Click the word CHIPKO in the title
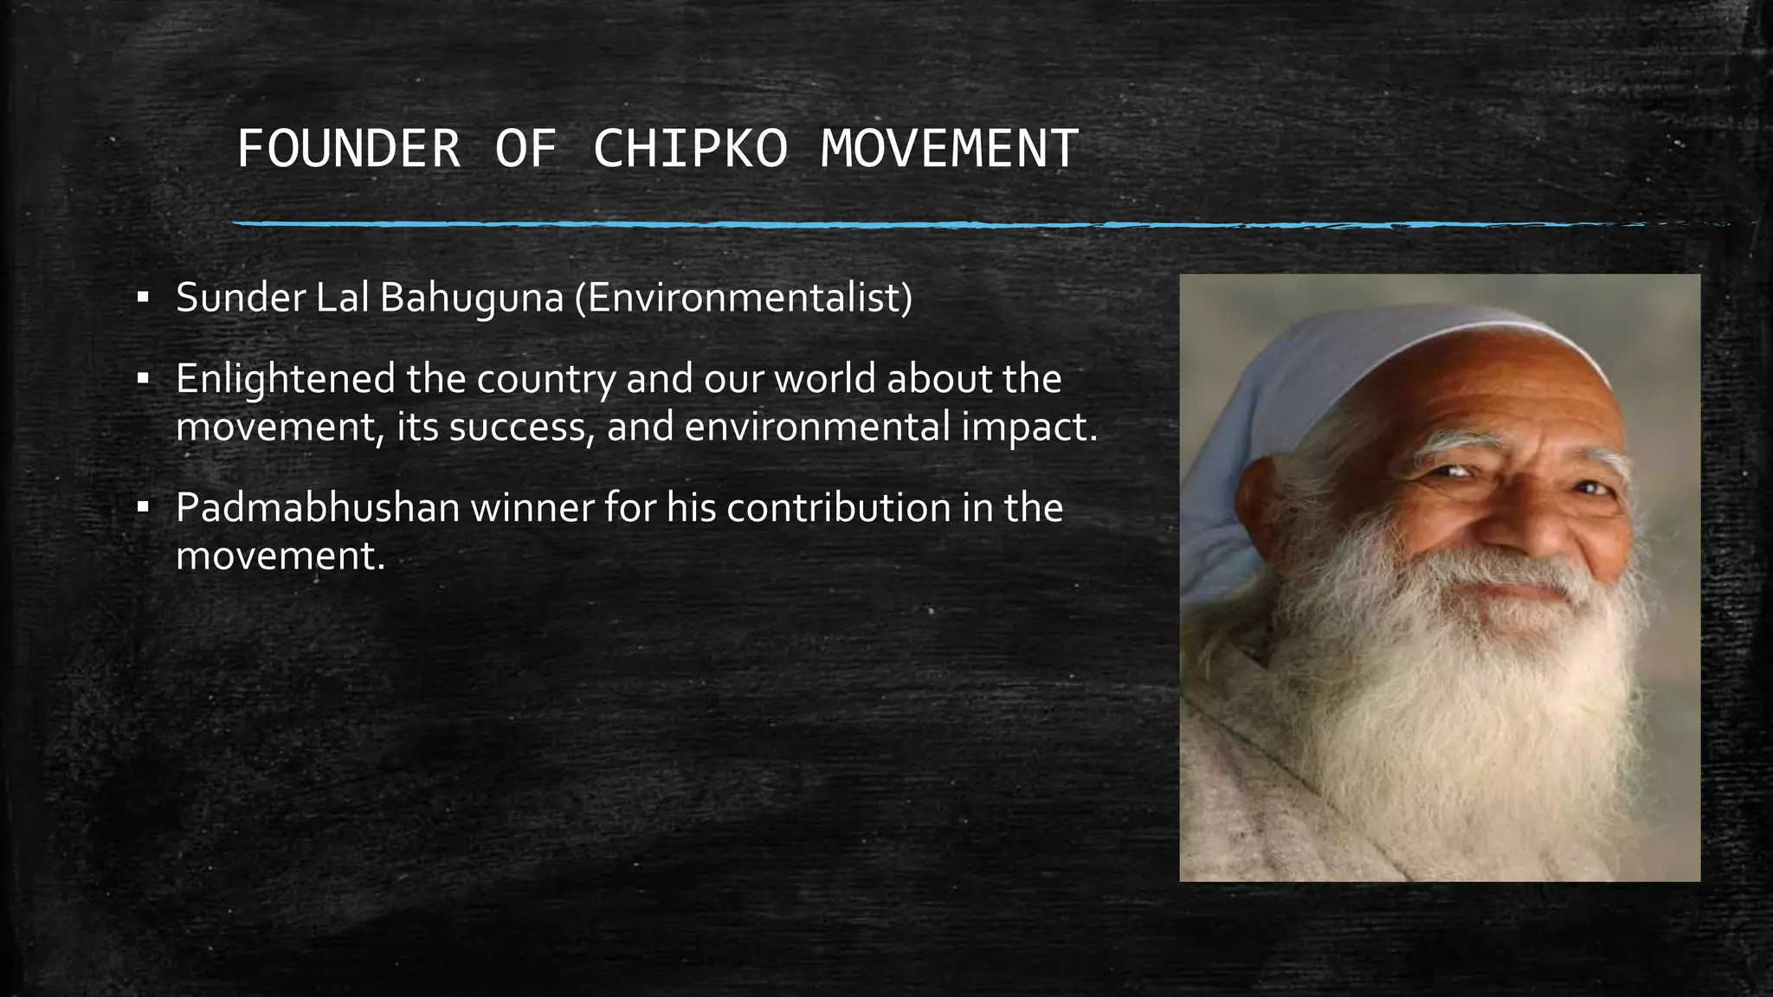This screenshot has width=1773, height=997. click(x=690, y=149)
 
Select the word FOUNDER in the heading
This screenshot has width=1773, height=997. click(x=349, y=149)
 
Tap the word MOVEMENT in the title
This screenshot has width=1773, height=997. click(x=949, y=149)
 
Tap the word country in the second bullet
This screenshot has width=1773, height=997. click(x=546, y=380)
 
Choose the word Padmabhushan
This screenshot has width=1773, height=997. click(x=317, y=508)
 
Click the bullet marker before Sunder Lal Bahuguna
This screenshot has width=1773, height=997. click(x=143, y=299)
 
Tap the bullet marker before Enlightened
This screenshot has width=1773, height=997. click(x=143, y=380)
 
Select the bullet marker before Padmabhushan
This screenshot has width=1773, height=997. click(x=143, y=508)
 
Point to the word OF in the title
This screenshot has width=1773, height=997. click(x=526, y=149)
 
